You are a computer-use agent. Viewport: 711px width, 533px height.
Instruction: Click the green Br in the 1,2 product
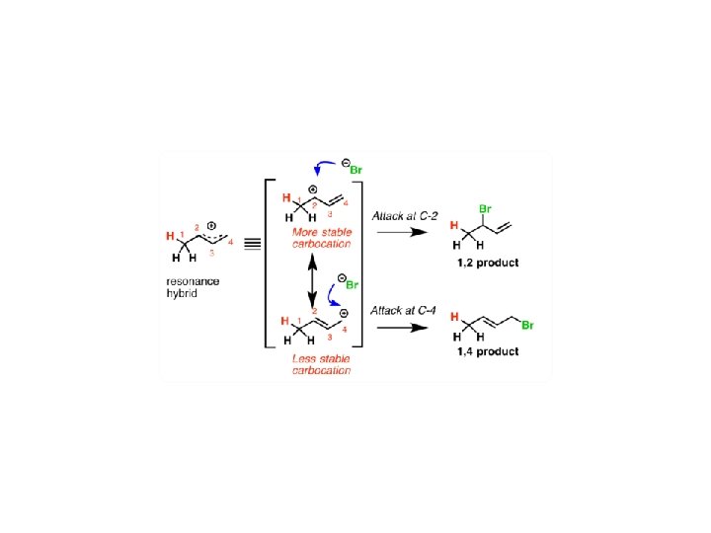tap(485, 209)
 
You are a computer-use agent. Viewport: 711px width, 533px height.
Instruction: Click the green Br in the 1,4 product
tap(528, 325)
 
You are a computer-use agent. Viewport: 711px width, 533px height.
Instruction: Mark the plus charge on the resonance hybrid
tap(210, 223)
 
